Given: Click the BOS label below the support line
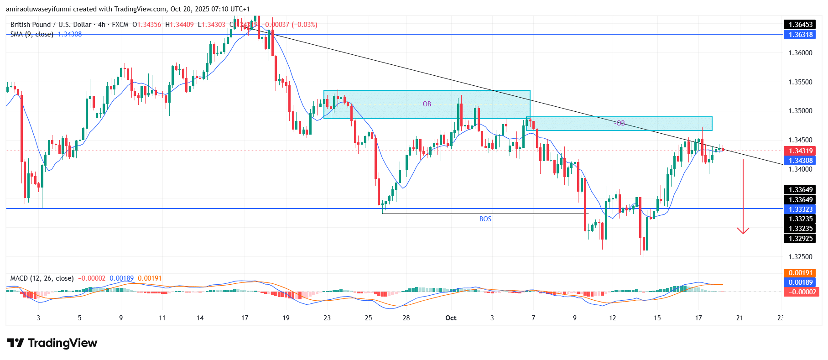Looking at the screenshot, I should [x=485, y=219].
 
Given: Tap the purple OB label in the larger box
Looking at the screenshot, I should [x=427, y=104].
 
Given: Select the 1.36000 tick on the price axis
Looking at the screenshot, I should [x=800, y=53].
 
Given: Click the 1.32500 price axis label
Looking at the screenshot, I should [x=800, y=257].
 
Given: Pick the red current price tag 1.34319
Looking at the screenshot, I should [x=801, y=151].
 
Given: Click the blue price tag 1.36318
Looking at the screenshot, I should [x=801, y=35].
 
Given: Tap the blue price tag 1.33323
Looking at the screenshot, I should [x=801, y=209].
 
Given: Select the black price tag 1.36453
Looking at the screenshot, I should [x=801, y=25].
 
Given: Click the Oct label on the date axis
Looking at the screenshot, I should [x=451, y=318].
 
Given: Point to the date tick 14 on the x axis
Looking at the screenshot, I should [x=200, y=318].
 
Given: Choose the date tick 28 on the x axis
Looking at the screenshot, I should [x=406, y=318].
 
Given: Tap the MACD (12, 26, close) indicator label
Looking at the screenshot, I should [x=42, y=278].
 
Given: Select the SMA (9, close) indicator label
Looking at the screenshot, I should [x=31, y=34].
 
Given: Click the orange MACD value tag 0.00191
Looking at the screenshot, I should [x=801, y=273].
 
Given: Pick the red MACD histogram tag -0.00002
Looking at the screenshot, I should [x=801, y=292].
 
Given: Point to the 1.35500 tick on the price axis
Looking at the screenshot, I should [x=800, y=82].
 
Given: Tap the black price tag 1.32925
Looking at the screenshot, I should [x=801, y=239].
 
